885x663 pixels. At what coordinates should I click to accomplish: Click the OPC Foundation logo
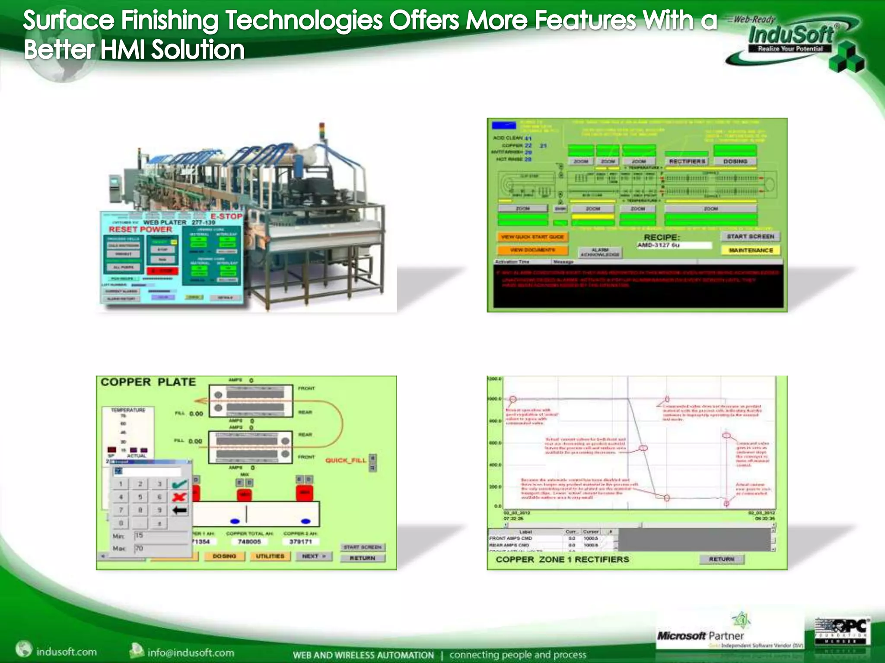point(842,631)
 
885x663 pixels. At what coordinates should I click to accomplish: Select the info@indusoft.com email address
point(191,652)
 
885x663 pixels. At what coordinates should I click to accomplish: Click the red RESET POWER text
point(140,229)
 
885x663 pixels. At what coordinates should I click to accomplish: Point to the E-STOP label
point(226,216)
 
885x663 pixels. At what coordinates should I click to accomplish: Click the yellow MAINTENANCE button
point(751,250)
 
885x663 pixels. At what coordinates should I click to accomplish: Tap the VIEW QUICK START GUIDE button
point(532,237)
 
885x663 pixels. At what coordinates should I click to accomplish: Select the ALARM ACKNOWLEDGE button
point(600,253)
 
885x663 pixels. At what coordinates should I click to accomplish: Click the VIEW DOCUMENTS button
point(532,250)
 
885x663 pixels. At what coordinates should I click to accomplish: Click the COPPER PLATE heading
point(148,382)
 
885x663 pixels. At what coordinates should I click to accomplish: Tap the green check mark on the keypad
point(180,484)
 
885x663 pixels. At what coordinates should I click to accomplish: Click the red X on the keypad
point(179,497)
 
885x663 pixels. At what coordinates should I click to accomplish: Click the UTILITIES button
point(270,556)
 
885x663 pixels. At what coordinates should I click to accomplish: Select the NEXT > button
point(314,556)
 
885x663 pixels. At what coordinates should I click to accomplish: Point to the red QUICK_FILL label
point(346,461)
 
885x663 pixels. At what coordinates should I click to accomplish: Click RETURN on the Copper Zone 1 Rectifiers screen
point(722,559)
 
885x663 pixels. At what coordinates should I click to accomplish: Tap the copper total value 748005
point(249,542)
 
